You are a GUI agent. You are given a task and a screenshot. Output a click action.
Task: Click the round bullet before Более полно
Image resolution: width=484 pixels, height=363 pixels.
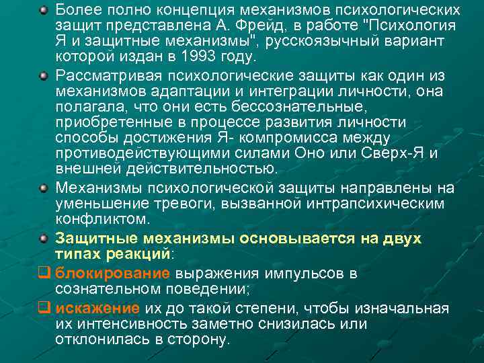[x=43, y=11]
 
